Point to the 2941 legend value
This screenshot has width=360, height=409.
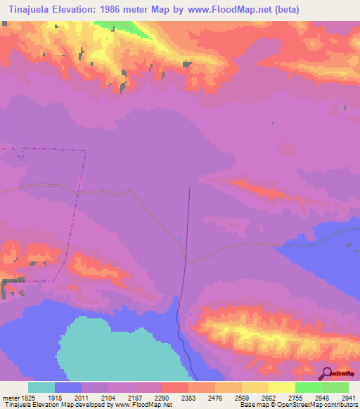347,398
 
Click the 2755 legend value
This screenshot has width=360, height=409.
294,398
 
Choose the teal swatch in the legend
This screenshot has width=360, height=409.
41,387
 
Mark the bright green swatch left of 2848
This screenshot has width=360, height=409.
308,387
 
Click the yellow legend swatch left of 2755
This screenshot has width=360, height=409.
281,387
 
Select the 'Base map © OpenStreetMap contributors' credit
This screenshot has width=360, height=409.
297,405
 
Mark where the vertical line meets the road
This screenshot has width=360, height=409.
186,257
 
